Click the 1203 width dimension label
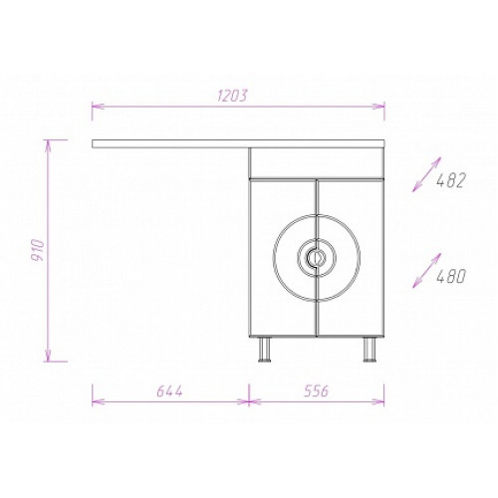233,96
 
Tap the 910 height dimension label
39,250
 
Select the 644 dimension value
169,391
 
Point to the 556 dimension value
316,390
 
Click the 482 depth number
451,180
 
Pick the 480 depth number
451,276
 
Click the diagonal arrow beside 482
427,174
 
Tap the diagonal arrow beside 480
427,270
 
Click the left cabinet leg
265,349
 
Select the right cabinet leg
370,349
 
